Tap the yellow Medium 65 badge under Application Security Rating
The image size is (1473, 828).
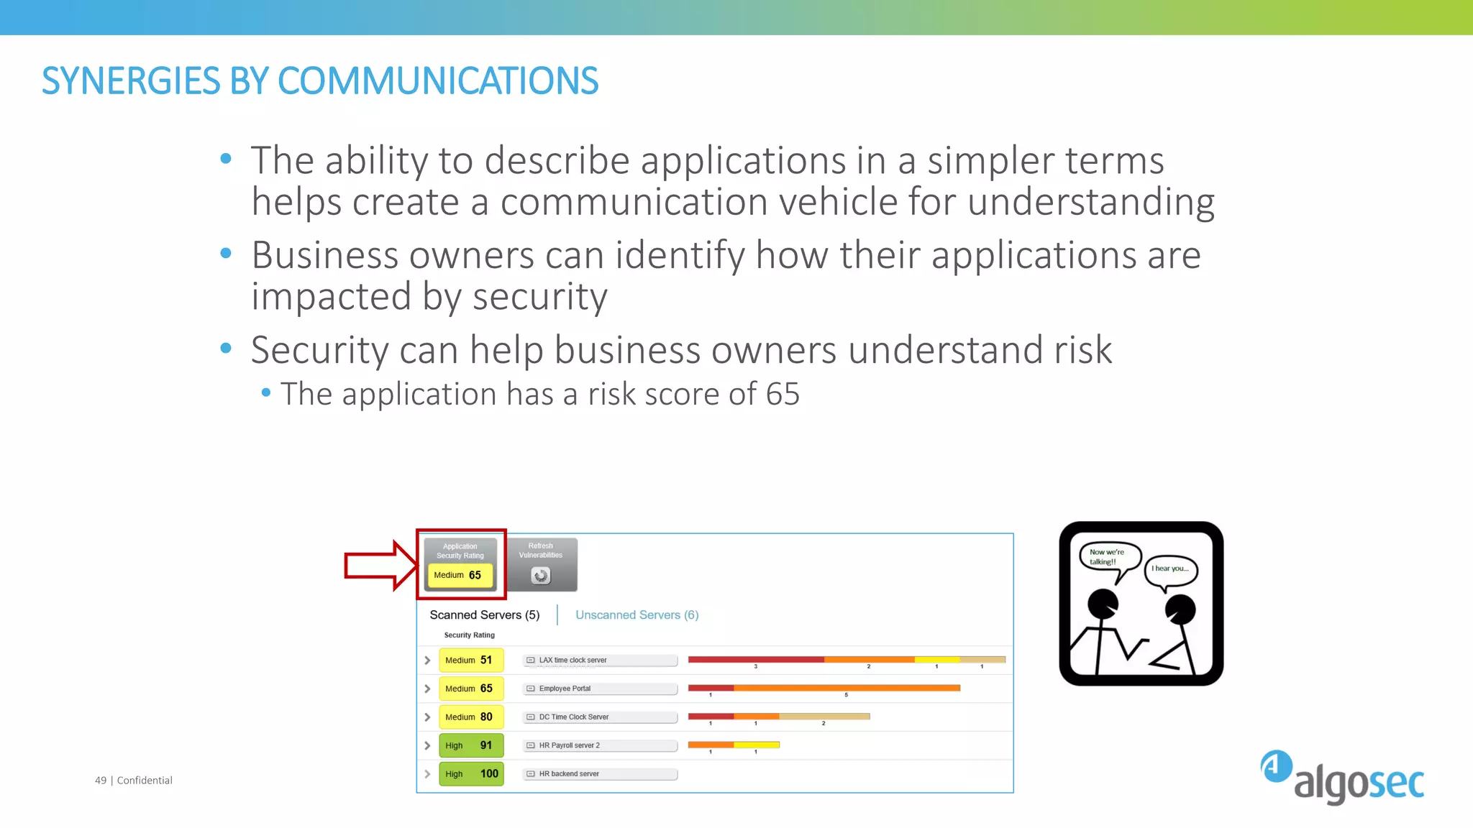pos(460,575)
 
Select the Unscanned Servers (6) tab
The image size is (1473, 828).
pos(637,615)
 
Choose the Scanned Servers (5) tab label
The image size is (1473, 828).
pos(484,615)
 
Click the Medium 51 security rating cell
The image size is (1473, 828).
pos(470,660)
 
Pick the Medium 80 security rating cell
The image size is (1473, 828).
pos(470,717)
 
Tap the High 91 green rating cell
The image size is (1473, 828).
pos(470,745)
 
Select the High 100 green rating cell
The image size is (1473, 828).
pos(470,774)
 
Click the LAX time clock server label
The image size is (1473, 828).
pos(573,660)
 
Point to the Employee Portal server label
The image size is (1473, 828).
pos(565,689)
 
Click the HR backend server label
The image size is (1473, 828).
pos(568,774)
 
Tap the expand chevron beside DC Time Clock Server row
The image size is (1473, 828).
pos(427,717)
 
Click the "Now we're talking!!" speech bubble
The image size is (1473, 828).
pos(1108,557)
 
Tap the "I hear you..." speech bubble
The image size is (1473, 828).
pos(1170,569)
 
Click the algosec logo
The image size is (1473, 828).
pos(1342,778)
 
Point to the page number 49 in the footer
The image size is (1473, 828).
pos(101,781)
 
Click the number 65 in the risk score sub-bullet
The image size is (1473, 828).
pos(783,394)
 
